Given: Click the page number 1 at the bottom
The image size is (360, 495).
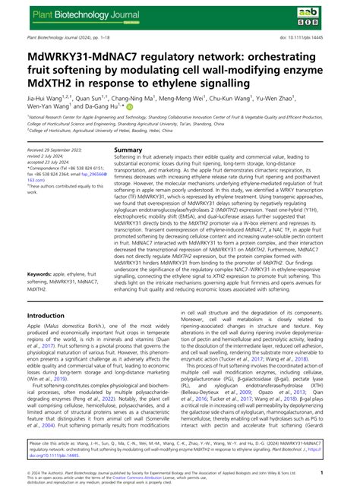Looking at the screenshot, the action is tap(345, 471).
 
